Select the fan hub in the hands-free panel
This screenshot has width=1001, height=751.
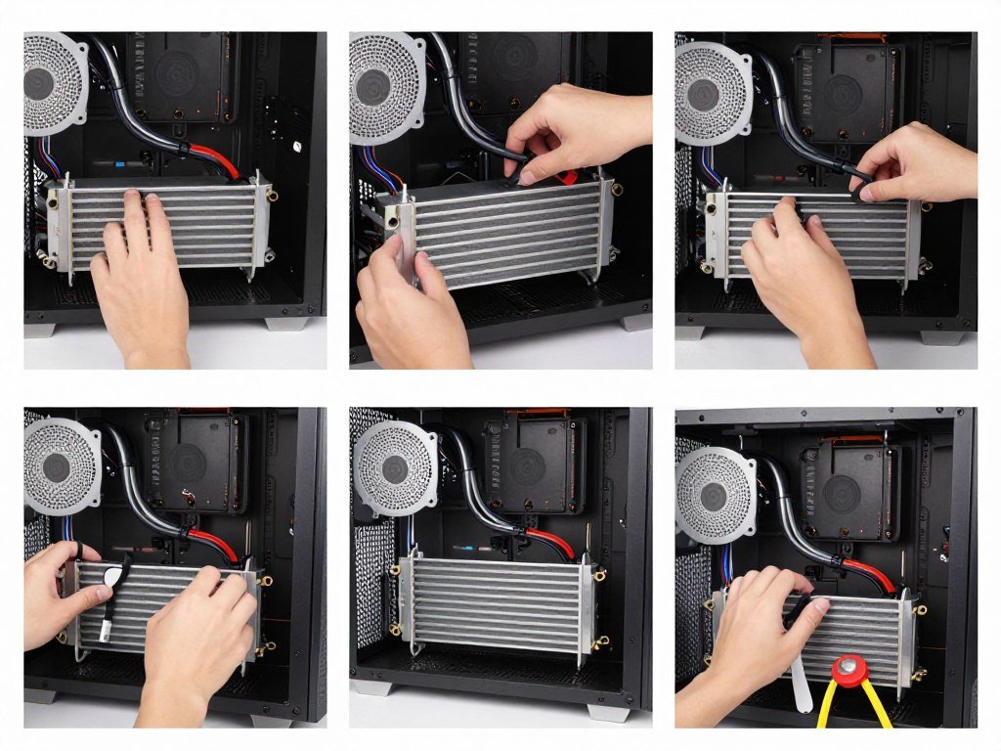(x=395, y=468)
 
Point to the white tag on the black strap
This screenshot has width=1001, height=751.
(x=114, y=577)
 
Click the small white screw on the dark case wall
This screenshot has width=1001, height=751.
(x=296, y=147)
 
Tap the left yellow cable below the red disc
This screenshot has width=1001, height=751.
(x=826, y=709)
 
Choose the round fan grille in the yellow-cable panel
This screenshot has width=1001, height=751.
(x=715, y=494)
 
